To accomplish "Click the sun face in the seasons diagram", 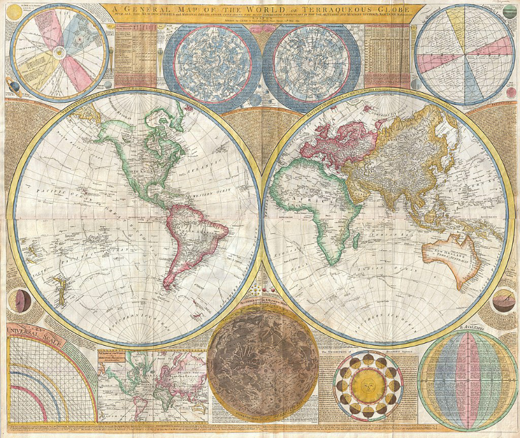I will pyautogui.click(x=368, y=385).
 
